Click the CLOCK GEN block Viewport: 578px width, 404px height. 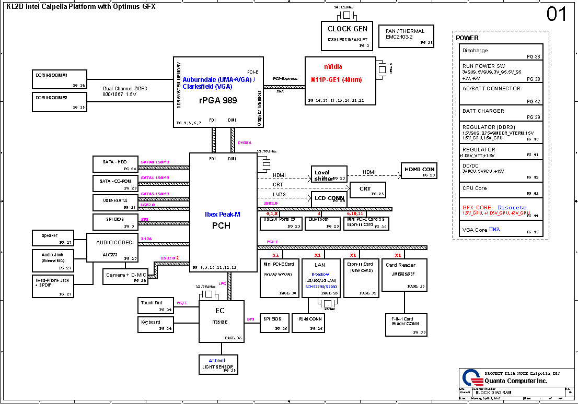tap(348, 35)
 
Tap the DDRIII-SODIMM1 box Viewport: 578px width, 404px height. tap(58, 79)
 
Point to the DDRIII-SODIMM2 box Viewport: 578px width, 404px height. tap(58, 101)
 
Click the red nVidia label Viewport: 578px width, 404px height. tap(333, 67)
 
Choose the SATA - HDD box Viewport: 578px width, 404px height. tap(115, 164)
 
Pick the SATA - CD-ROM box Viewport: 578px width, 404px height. tap(115, 184)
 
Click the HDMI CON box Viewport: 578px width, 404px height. tap(419, 171)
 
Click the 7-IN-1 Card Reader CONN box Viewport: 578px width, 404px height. tap(404, 324)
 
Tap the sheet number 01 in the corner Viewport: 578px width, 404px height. tap(556, 15)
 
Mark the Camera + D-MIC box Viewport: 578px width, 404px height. tap(125, 277)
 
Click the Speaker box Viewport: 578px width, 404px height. tap(58, 238)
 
